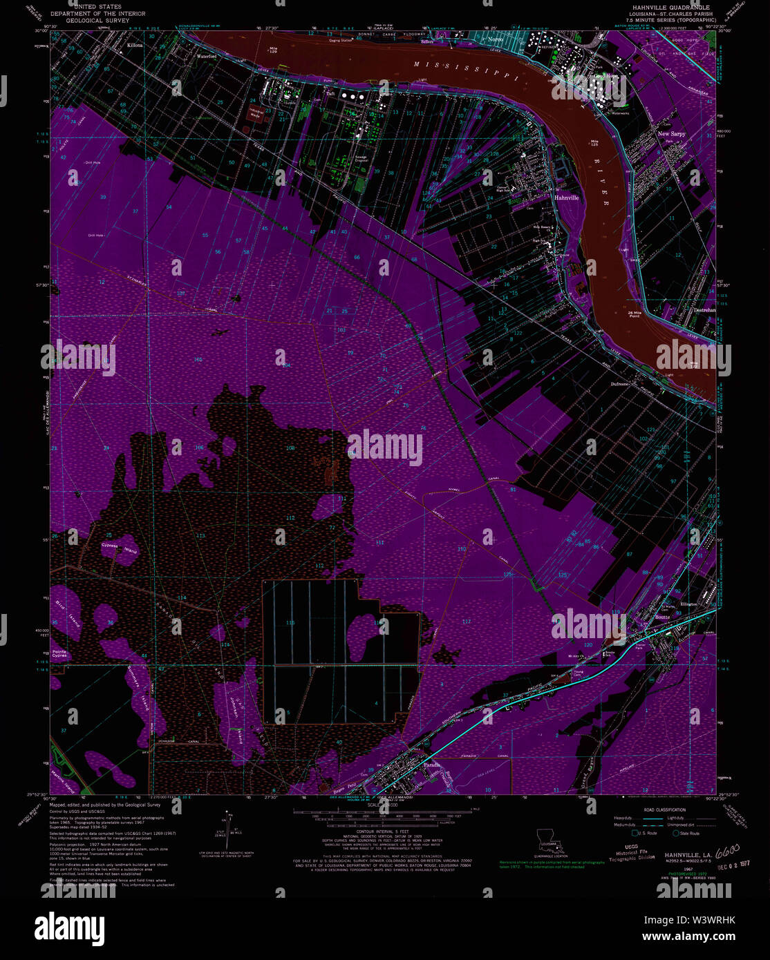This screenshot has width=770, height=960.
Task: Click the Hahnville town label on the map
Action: click(x=566, y=197)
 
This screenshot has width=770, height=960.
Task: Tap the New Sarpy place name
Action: click(x=671, y=134)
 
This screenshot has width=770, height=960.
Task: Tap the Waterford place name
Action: click(x=207, y=57)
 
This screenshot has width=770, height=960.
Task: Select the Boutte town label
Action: click(x=662, y=617)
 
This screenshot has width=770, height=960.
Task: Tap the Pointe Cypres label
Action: click(x=59, y=653)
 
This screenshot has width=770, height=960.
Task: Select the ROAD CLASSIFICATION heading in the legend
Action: click(x=664, y=809)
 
